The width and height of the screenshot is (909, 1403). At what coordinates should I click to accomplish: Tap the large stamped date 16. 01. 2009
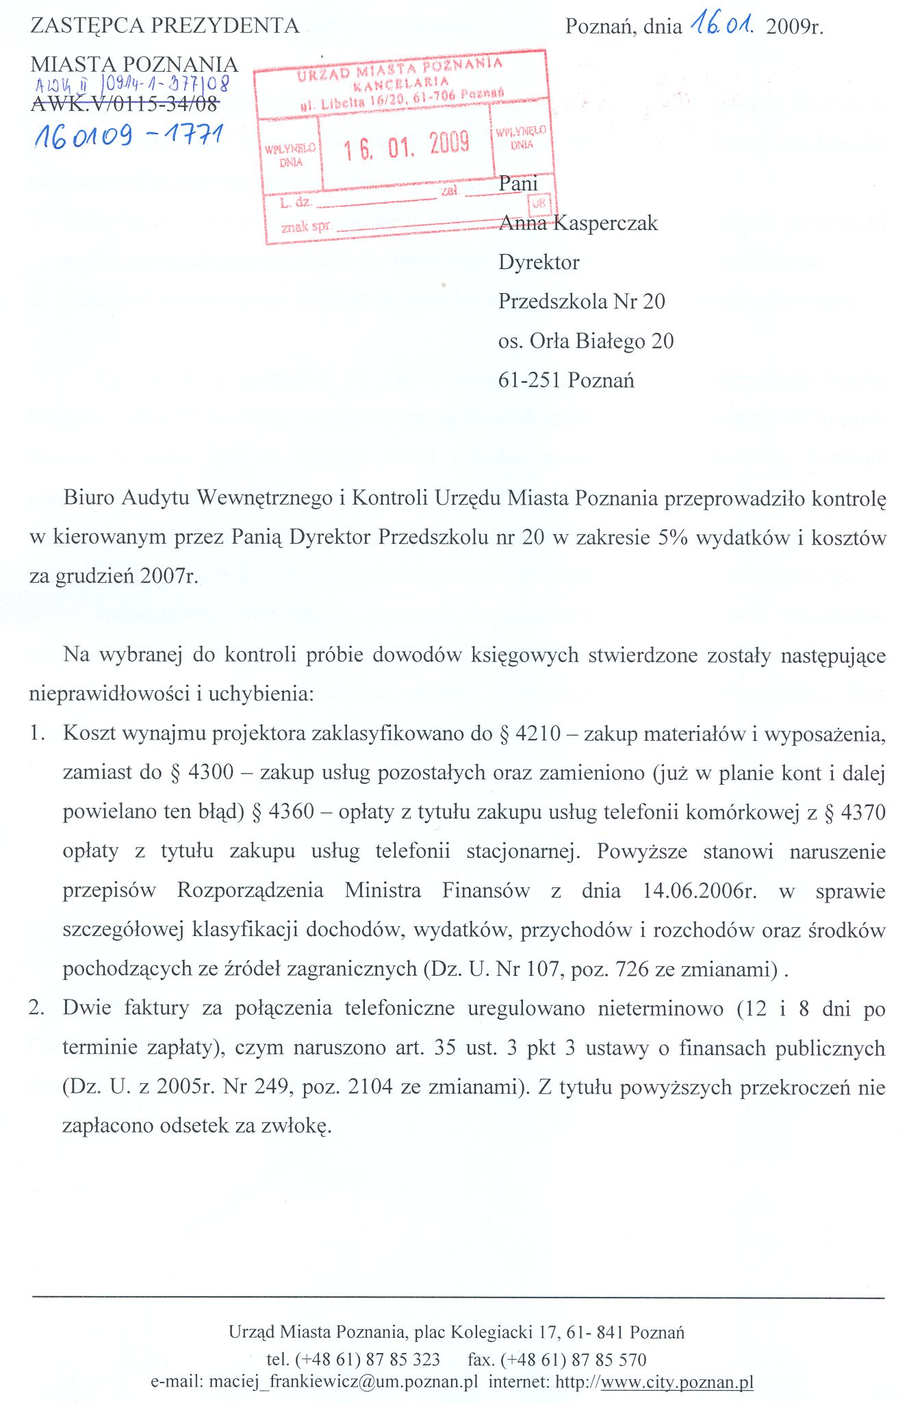407,145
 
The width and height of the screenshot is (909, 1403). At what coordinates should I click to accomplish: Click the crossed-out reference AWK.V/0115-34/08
125,103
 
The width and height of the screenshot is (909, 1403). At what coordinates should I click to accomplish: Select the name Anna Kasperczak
578,223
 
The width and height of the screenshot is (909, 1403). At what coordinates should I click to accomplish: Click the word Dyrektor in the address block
539,262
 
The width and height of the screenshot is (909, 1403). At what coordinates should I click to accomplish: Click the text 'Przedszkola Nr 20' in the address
581,301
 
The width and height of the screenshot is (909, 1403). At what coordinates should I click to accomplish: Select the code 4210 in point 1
539,734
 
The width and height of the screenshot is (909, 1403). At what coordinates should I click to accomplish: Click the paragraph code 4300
211,773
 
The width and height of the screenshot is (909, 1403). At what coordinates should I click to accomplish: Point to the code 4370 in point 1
863,812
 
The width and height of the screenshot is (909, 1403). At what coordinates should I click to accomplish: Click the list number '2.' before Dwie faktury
37,1008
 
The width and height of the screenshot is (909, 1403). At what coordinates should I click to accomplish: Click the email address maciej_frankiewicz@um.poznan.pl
343,1382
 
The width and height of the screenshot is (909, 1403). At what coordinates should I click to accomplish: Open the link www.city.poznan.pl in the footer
677,1382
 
